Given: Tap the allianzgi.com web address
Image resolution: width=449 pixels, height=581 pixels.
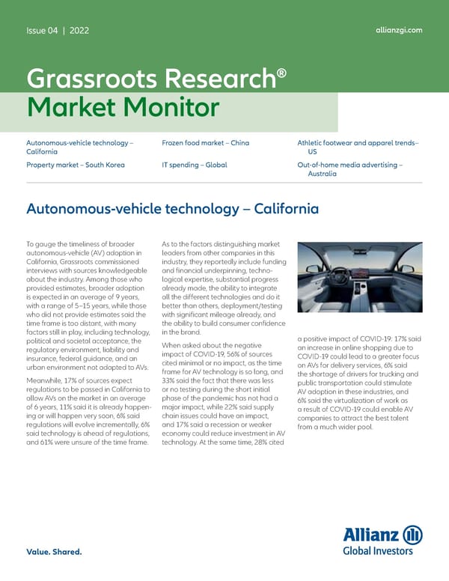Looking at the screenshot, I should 398,30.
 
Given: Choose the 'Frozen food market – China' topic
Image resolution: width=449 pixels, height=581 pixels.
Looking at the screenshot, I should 205,142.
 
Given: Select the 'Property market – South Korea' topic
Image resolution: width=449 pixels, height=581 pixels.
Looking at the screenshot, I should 75,165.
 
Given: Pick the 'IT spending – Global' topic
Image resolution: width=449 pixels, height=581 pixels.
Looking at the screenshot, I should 194,165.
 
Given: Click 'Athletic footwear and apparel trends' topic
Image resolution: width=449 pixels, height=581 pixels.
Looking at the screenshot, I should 358,142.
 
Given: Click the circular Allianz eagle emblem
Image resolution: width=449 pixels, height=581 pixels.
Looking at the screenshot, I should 412,536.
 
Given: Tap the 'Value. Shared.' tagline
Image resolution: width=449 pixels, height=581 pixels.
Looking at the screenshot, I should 54,553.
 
